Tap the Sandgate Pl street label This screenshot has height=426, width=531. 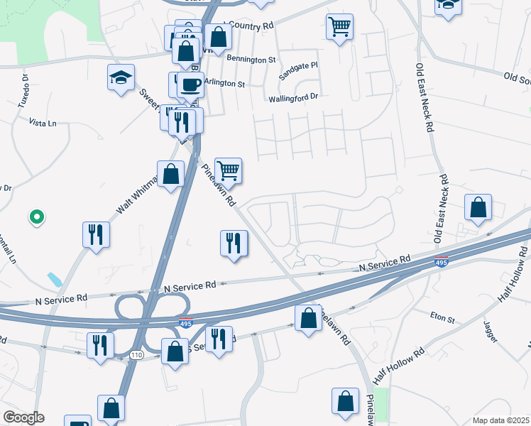click(298, 69)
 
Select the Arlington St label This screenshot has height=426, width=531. click(224, 83)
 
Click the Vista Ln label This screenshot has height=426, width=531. click(42, 123)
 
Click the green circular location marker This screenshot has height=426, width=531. click(34, 217)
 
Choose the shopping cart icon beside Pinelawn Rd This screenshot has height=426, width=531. click(229, 170)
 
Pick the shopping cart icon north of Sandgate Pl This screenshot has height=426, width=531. click(340, 26)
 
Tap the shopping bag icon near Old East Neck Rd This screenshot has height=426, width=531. click(478, 208)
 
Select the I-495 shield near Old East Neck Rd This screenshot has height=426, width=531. click(441, 262)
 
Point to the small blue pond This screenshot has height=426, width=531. click(54, 279)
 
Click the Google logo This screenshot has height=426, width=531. click(23, 417)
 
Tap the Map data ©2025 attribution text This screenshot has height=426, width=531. click(500, 420)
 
